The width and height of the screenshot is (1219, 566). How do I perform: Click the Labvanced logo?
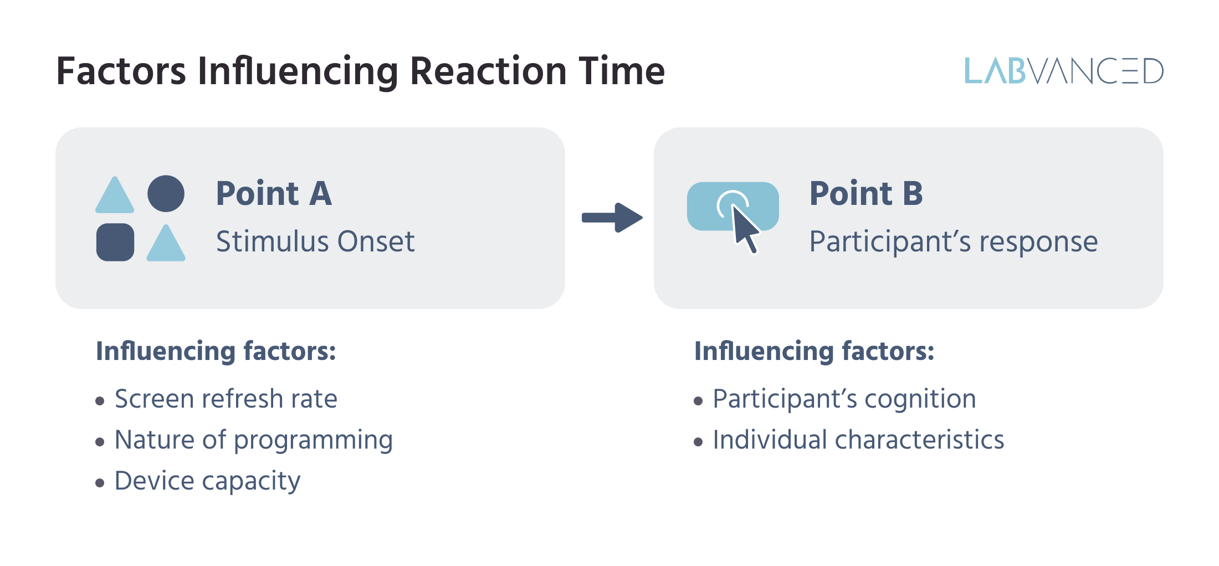pos(1063,71)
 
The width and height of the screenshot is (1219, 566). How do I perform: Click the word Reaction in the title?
pos(488,71)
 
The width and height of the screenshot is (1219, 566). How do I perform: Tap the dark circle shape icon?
pos(166,194)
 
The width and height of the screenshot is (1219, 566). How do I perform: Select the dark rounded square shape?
pos(115,242)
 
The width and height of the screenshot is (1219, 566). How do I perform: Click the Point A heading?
pos(274,193)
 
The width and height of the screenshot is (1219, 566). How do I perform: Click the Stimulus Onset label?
pos(315,241)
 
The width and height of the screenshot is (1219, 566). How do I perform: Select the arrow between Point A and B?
pos(611,218)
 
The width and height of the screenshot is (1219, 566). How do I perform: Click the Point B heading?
pos(865,193)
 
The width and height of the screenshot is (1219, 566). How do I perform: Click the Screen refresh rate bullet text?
pos(226,399)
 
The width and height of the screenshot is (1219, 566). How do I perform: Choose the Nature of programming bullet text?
pos(253,440)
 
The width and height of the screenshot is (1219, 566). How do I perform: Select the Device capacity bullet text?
pos(207,481)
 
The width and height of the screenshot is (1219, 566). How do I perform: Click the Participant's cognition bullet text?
pos(844,399)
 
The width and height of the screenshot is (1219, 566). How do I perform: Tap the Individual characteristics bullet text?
pos(858,440)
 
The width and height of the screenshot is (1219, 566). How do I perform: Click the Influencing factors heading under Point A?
pos(216,351)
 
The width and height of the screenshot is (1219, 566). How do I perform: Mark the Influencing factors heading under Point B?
pos(814,351)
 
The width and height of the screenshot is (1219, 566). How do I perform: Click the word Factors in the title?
pos(121,71)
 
